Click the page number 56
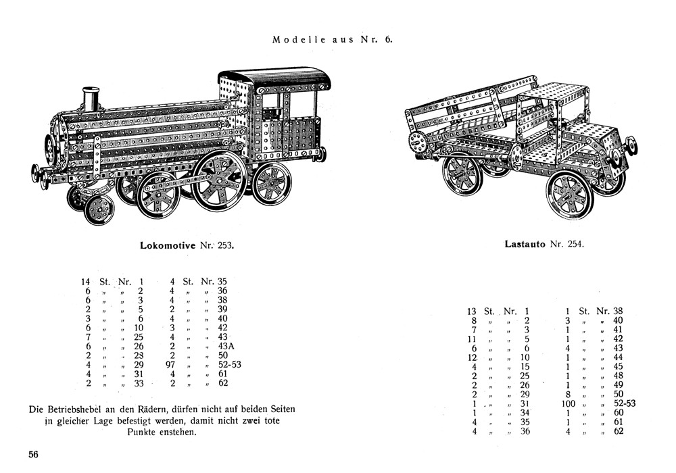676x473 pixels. pyautogui.click(x=33, y=454)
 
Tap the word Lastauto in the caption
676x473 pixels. pyautogui.click(x=525, y=243)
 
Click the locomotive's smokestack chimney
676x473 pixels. pyautogui.click(x=91, y=100)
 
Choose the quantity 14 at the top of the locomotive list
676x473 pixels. pyautogui.click(x=86, y=281)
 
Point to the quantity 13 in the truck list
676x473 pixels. pyautogui.click(x=472, y=312)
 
